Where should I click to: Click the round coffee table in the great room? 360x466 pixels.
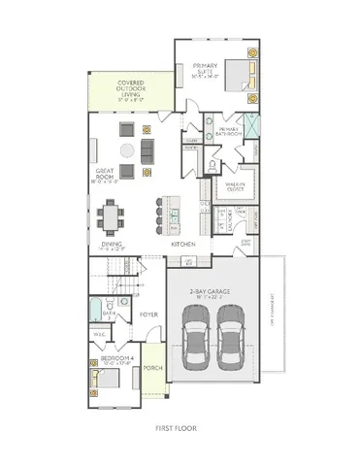pos(128,150)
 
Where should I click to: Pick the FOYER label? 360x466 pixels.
pos(148,314)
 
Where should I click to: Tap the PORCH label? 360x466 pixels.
pos(152,369)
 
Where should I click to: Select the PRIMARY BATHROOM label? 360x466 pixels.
pos(229,131)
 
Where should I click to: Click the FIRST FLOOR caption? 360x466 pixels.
pos(180,427)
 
